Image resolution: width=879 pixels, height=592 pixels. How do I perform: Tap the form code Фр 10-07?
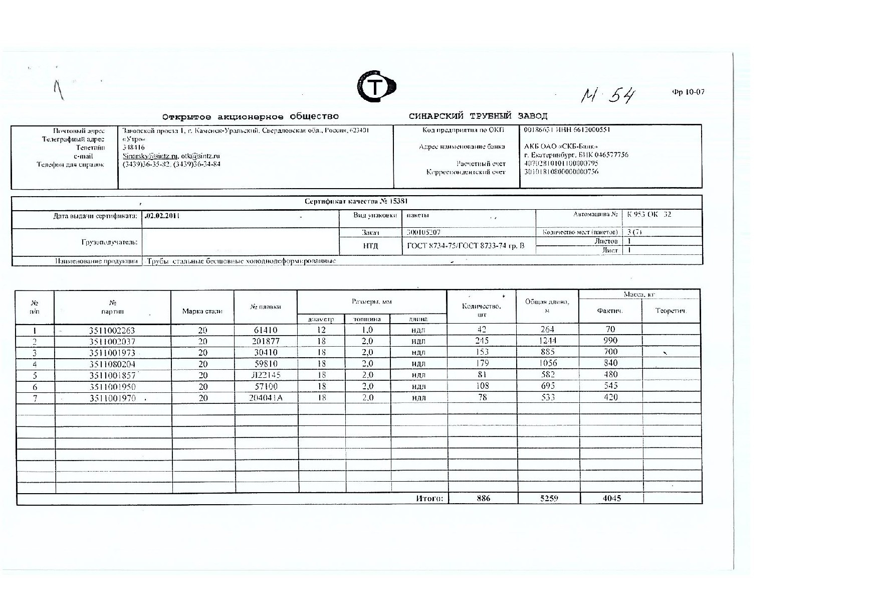tap(688, 92)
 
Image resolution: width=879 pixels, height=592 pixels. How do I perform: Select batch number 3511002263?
tap(112, 330)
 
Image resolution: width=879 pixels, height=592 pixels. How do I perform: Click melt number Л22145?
tap(266, 375)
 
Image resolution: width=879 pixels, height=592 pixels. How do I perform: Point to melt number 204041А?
tap(266, 397)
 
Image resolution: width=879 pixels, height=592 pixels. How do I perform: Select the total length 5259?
tap(549, 498)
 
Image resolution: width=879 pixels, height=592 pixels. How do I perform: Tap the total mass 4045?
tap(611, 498)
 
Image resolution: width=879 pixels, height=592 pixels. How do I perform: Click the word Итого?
tap(429, 498)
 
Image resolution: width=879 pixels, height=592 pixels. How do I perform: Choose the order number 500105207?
tap(423, 233)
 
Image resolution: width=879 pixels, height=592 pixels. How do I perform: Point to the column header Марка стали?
tap(202, 311)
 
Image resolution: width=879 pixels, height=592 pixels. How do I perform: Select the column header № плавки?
tap(266, 307)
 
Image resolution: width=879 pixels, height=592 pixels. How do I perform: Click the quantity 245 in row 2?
tap(482, 341)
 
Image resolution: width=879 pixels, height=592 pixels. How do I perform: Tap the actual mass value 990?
tap(610, 341)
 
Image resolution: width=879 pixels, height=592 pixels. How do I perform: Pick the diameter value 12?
tap(321, 330)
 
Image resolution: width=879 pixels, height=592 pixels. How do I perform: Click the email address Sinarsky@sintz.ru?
tap(150, 156)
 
